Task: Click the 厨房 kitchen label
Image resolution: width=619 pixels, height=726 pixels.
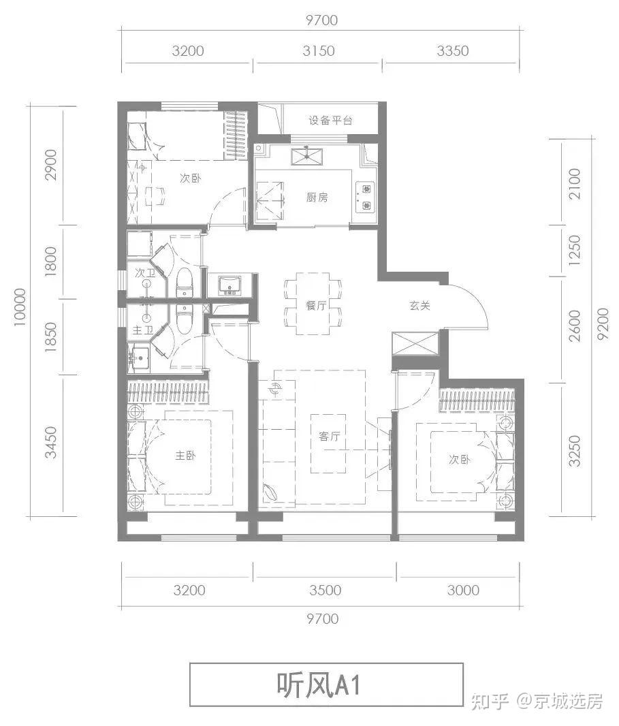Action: pos(317,198)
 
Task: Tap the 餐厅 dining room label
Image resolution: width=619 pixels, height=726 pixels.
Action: pos(316,305)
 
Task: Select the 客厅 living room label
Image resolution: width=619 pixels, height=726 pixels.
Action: pos(329,436)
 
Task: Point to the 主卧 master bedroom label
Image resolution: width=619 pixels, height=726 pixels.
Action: pos(185,456)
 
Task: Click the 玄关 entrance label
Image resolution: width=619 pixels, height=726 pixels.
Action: pos(419,306)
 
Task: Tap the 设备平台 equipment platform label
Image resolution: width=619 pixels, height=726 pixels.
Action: pos(330,121)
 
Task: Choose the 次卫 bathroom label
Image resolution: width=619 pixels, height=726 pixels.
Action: pos(145,272)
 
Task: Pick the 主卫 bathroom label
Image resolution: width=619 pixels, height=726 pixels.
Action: pos(143,330)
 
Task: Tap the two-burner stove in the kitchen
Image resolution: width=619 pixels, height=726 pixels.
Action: pos(366,197)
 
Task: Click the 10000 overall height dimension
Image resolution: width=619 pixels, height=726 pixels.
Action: pos(20,307)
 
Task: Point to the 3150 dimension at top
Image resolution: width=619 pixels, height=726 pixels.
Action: pos(319,50)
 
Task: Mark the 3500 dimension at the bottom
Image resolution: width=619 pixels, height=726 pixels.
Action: pos(325,590)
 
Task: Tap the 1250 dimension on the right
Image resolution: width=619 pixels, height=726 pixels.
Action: pos(574,250)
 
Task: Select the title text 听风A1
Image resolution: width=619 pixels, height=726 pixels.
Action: pos(319,685)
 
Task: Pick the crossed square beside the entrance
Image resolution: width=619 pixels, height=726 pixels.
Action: pos(415,343)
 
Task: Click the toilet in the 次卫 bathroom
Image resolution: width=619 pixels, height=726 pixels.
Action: pos(185,281)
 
